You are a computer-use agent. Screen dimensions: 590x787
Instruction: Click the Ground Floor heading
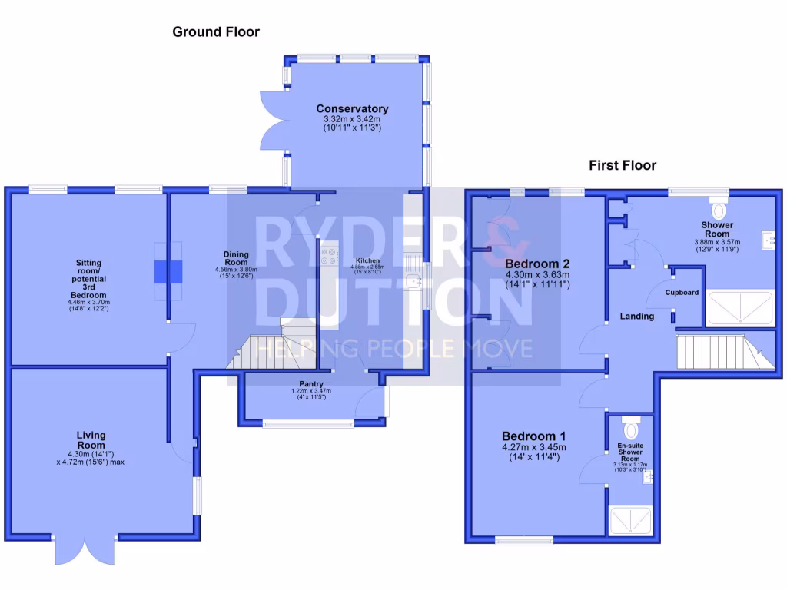tap(216, 32)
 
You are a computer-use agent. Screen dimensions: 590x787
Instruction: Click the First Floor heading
tap(623, 165)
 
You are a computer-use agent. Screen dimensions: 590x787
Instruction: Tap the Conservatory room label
tap(352, 109)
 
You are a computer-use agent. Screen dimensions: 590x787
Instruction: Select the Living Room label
tap(91, 440)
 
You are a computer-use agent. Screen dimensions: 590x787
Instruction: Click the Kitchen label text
tap(367, 261)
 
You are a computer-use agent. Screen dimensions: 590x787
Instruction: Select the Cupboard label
tap(682, 293)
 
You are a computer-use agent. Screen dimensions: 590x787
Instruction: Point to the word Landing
tap(637, 317)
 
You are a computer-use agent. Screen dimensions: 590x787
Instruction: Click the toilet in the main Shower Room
tap(719, 208)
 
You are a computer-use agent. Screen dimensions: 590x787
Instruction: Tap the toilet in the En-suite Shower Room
tap(632, 426)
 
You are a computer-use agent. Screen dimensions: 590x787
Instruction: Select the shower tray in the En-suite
tap(631, 522)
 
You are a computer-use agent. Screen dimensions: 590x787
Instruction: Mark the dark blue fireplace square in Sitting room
tap(168, 271)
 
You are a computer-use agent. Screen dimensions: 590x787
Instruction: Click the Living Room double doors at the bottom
tap(85, 550)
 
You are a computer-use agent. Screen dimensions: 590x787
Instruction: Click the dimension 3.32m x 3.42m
tap(352, 120)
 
